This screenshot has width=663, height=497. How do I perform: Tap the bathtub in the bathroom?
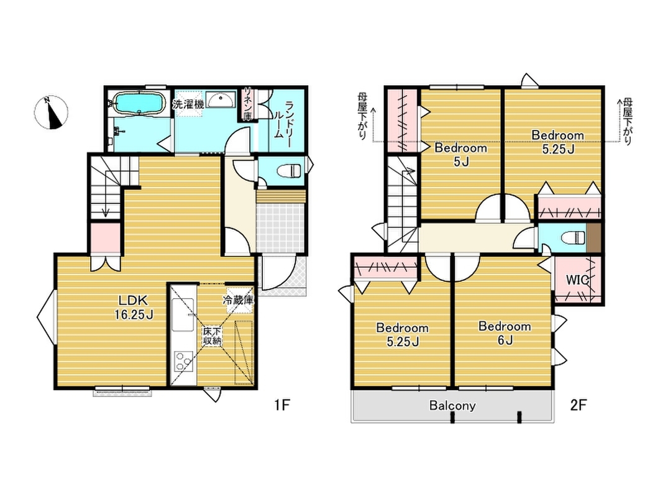pyautogui.click(x=139, y=103)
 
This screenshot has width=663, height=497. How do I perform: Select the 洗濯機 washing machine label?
pyautogui.click(x=188, y=104)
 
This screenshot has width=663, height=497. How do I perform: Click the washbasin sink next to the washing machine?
pyautogui.click(x=221, y=100)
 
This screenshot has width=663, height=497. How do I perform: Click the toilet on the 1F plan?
pyautogui.click(x=289, y=171)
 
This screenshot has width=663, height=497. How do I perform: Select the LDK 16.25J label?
pyautogui.click(x=133, y=308)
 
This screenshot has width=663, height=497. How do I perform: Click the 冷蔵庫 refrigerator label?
pyautogui.click(x=238, y=301)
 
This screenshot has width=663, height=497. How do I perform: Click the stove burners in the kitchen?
pyautogui.click(x=184, y=362)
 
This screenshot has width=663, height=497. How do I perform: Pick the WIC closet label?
pyautogui.click(x=578, y=280)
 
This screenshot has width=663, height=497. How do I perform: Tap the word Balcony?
pyautogui.click(x=452, y=406)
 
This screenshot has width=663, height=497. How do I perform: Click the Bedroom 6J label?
pyautogui.click(x=505, y=333)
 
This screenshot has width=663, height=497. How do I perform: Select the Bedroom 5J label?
pyautogui.click(x=461, y=154)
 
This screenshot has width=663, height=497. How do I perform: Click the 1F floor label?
pyautogui.click(x=281, y=405)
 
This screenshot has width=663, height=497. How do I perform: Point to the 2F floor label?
pyautogui.click(x=578, y=405)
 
